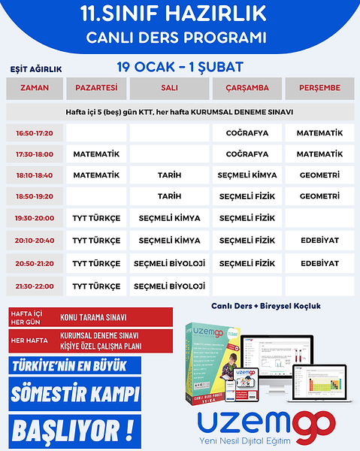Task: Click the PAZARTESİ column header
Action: (96, 88)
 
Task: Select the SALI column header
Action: (170, 88)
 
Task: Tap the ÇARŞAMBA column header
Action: (247, 88)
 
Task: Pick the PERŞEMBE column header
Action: (319, 88)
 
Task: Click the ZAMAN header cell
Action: (35, 88)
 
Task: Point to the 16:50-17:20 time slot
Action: (35, 133)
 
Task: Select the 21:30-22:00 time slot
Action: (35, 286)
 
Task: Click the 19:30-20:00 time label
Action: (35, 218)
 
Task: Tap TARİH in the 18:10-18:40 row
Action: (170, 175)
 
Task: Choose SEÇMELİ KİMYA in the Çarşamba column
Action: (247, 175)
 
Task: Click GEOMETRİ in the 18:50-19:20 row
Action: (319, 196)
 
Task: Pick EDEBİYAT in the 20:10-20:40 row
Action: (319, 241)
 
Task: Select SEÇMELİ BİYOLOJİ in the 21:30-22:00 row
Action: (170, 286)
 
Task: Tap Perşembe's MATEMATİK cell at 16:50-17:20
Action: (319, 133)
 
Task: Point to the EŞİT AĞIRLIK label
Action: (35, 69)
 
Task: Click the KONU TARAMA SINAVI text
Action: (95, 317)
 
